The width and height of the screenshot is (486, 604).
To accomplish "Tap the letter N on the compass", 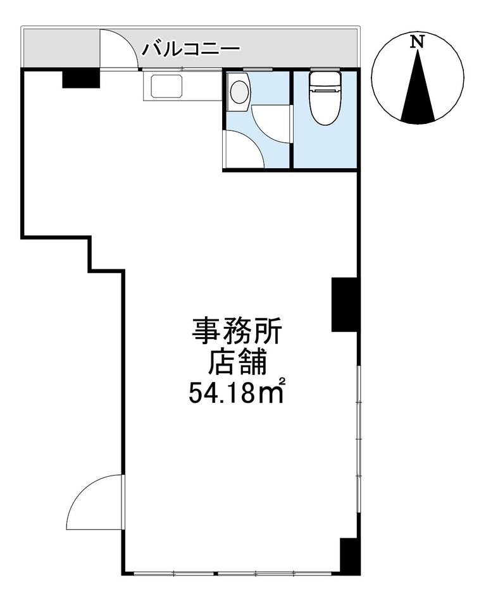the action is tap(417, 41).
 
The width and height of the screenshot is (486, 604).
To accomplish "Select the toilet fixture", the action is tap(325, 98).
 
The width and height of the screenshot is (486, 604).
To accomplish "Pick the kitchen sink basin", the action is tap(167, 86).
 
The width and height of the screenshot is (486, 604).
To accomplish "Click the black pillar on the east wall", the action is tap(345, 304).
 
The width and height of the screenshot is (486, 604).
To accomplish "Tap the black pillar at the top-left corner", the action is tap(81, 78).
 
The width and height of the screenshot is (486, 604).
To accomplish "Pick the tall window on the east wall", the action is tap(358, 439).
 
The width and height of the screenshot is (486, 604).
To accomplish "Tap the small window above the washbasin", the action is tap(258, 70).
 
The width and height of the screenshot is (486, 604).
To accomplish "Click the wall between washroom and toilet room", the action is tap(291, 119).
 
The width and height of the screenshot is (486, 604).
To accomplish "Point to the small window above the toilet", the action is tap(325, 70).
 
